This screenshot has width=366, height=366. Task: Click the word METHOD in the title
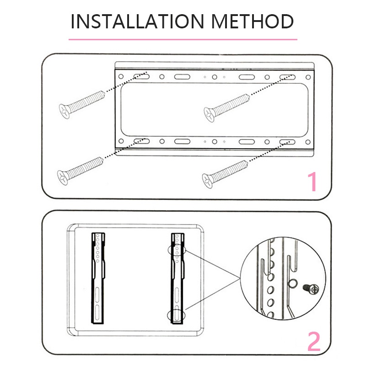click(x=253, y=22)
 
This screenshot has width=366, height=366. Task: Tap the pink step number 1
click(x=313, y=182)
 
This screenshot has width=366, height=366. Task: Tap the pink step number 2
click(x=314, y=341)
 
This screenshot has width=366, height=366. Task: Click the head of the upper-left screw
click(x=65, y=112)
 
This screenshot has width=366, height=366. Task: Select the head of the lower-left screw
click(x=63, y=178)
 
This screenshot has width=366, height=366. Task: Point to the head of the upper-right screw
click(x=209, y=115)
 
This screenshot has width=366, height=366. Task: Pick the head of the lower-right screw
click(x=207, y=181)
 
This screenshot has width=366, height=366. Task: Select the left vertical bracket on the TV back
click(x=98, y=278)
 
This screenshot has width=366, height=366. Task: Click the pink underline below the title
click(x=183, y=39)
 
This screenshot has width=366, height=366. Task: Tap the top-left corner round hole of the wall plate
click(x=121, y=76)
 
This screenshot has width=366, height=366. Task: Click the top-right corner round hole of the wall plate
click(x=308, y=77)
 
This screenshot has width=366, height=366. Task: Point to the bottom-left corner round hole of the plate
click(x=121, y=141)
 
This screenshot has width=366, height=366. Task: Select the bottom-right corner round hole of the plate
click(x=308, y=142)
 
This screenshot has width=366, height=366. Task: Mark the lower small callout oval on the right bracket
click(x=176, y=315)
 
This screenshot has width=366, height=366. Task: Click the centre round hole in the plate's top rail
click(x=215, y=77)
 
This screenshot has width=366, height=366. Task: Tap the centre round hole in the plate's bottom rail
click(x=215, y=141)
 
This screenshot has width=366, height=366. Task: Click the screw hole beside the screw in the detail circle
click(x=292, y=283)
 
